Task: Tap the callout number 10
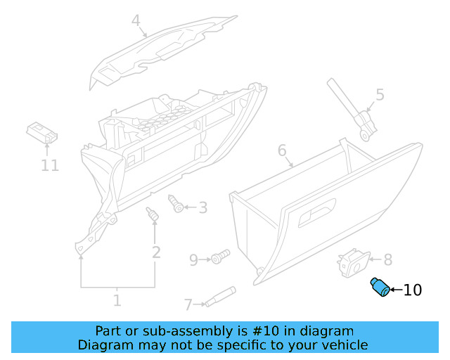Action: coord(413,289)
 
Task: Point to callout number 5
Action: coord(380,94)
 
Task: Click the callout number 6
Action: coord(282,150)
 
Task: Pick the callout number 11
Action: coord(49,166)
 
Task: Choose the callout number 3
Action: coord(202,207)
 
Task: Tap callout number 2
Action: coord(156,252)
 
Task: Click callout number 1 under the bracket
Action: coord(117,301)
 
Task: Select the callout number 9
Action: coord(194,260)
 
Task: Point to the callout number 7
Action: coord(188,304)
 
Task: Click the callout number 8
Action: coord(387,259)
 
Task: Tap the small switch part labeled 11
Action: coord(41,133)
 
